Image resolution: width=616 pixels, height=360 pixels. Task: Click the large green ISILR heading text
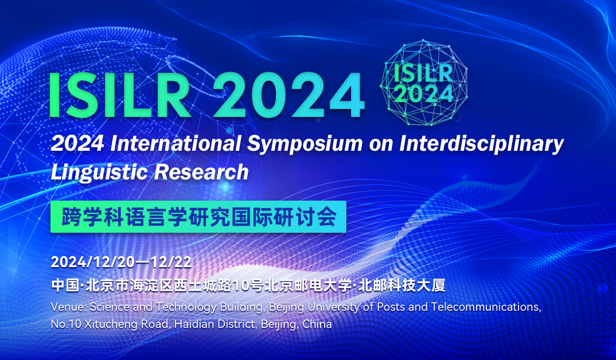pos(119,95)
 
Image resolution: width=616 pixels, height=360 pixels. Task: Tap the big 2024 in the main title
pos(288,95)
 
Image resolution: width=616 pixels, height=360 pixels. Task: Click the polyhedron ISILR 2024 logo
pos(423,83)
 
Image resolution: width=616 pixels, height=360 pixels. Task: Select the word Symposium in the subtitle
pos(305,144)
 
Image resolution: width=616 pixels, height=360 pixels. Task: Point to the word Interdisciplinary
pos(482,144)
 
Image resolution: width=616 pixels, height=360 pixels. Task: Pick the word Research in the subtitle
pos(201,172)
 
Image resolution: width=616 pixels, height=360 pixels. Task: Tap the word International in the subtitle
pos(176,143)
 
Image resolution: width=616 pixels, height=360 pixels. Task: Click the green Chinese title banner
pos(198,217)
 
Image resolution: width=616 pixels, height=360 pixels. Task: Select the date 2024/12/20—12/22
pos(122,262)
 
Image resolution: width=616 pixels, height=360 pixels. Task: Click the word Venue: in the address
pos(68,307)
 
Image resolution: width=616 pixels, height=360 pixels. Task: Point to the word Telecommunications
pos(486,307)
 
